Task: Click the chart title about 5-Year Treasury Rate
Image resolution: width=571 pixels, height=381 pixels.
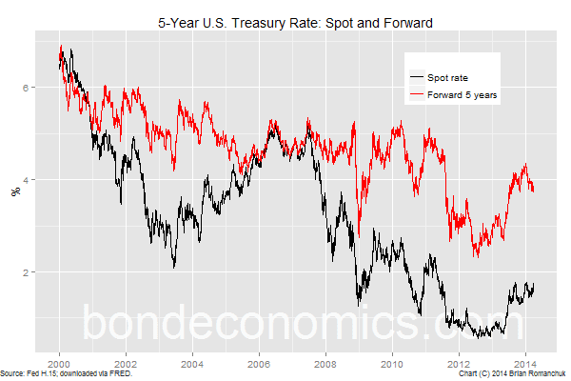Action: click(x=295, y=22)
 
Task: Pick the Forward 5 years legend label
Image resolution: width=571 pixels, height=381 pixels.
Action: click(x=463, y=95)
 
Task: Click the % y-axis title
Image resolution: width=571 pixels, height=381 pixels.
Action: click(x=14, y=190)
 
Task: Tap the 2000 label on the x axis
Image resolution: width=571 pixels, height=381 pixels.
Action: click(x=59, y=364)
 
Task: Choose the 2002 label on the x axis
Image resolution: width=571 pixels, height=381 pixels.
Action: click(x=126, y=364)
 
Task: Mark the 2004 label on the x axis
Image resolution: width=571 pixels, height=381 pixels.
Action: click(x=192, y=364)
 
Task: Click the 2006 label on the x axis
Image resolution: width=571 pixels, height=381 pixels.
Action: click(x=259, y=364)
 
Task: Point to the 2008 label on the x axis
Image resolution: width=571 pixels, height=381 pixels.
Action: click(x=325, y=364)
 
